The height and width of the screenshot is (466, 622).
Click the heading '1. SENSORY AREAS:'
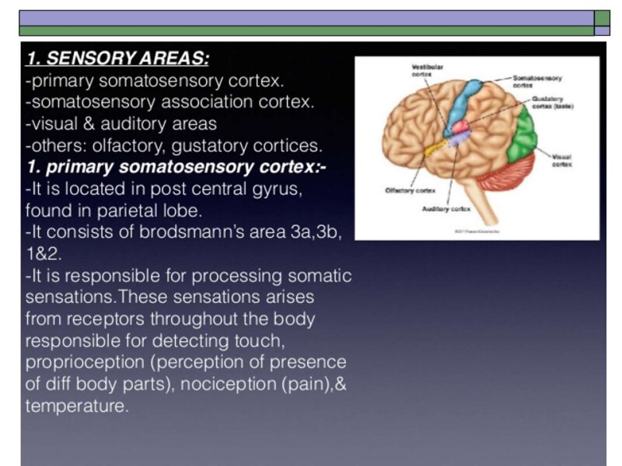point(117,59)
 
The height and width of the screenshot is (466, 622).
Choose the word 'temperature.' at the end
point(77,406)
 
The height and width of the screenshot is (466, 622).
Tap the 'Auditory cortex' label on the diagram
point(446,209)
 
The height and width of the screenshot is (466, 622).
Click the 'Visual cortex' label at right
point(562,160)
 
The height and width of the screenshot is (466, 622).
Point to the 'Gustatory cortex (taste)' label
point(553,103)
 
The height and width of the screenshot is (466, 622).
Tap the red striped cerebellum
point(505,170)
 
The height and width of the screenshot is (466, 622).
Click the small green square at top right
point(602,18)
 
